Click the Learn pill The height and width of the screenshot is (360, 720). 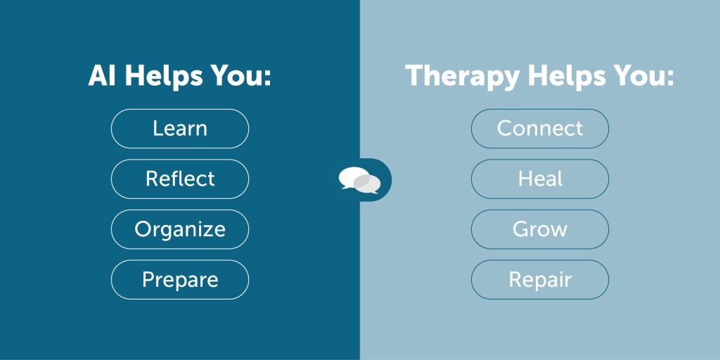point(180,129)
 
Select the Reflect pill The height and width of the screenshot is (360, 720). point(180,179)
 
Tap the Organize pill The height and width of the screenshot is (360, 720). point(180,230)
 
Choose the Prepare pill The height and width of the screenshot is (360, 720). point(180,280)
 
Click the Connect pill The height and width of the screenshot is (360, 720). point(540,129)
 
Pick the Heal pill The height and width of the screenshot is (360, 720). point(540,179)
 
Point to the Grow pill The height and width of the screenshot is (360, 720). point(540,230)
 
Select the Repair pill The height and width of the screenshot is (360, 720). point(540,280)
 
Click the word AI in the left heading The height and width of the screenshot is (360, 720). point(101,76)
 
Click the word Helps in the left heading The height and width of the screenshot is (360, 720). point(163,77)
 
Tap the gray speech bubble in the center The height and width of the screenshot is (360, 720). point(367,184)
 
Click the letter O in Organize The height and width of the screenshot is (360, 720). point(142,229)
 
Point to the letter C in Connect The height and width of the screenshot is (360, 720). point(504,129)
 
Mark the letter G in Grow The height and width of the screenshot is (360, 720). point(521,229)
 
